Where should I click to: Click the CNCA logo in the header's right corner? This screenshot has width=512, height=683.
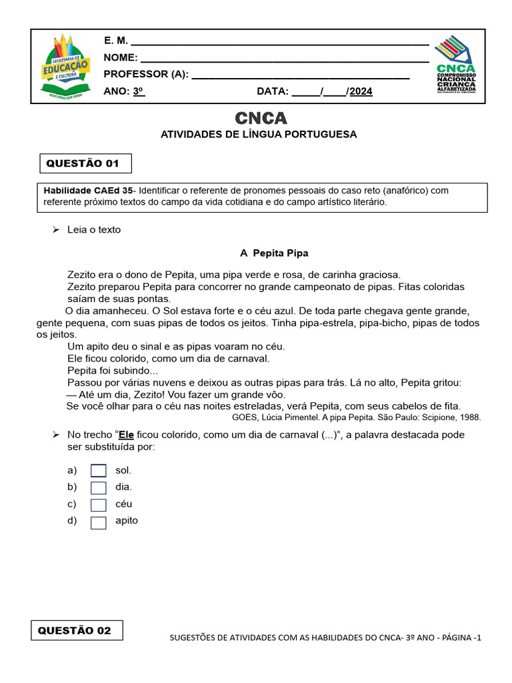pyautogui.click(x=456, y=65)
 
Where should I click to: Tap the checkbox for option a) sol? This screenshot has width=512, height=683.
pyautogui.click(x=99, y=471)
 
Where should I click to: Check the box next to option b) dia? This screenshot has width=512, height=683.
pyautogui.click(x=99, y=488)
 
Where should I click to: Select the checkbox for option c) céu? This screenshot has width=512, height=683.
pyautogui.click(x=99, y=505)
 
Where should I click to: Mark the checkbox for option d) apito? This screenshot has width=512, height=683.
pyautogui.click(x=99, y=522)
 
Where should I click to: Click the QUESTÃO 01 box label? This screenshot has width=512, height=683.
pyautogui.click(x=83, y=163)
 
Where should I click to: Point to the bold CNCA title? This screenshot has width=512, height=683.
pyautogui.click(x=261, y=118)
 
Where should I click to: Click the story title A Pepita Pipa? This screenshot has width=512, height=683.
pyautogui.click(x=274, y=253)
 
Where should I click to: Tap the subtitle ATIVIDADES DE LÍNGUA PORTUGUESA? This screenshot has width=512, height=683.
pyautogui.click(x=259, y=135)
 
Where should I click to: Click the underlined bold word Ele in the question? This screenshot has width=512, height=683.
pyautogui.click(x=127, y=435)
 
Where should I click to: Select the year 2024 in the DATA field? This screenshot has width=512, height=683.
pyautogui.click(x=361, y=92)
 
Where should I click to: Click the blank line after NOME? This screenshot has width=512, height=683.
pyautogui.click(x=285, y=59)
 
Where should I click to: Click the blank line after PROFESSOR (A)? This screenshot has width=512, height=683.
pyautogui.click(x=300, y=75)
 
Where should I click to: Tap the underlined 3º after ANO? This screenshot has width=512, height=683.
pyautogui.click(x=138, y=92)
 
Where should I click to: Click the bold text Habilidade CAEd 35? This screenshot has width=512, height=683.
pyautogui.click(x=88, y=190)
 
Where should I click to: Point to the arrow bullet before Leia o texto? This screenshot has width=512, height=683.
pyautogui.click(x=56, y=229)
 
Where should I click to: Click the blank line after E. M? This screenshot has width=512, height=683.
pyautogui.click(x=280, y=42)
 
